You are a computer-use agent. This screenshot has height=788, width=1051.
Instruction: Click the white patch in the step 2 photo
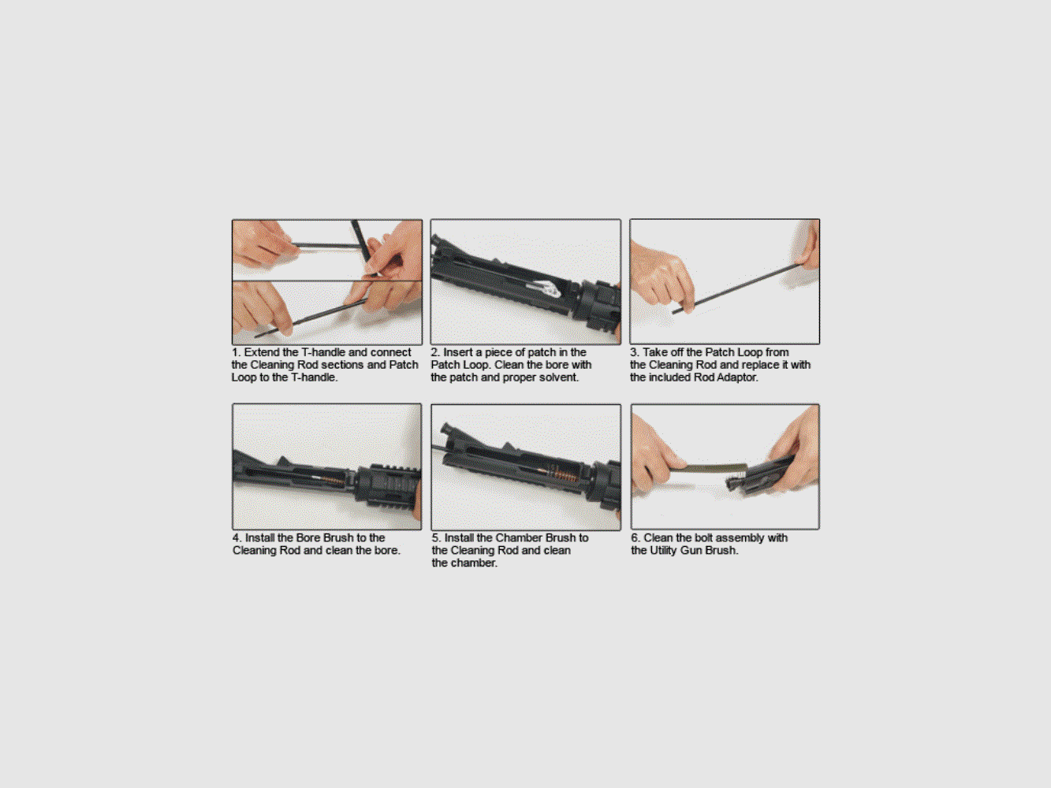[x=550, y=289]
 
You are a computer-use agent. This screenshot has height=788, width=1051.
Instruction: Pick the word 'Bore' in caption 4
[x=308, y=537]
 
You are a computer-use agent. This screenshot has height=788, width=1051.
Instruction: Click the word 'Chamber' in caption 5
[x=520, y=537]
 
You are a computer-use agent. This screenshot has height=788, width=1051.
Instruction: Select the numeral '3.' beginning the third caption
[x=635, y=352]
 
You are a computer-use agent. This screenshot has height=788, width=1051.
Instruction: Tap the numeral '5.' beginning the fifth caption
[x=436, y=537]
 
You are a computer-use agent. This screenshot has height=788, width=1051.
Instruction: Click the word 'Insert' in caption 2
[x=457, y=352]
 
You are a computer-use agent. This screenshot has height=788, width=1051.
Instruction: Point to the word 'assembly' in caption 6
[x=740, y=537]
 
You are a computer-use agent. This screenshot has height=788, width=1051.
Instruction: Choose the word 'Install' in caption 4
[x=259, y=537]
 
